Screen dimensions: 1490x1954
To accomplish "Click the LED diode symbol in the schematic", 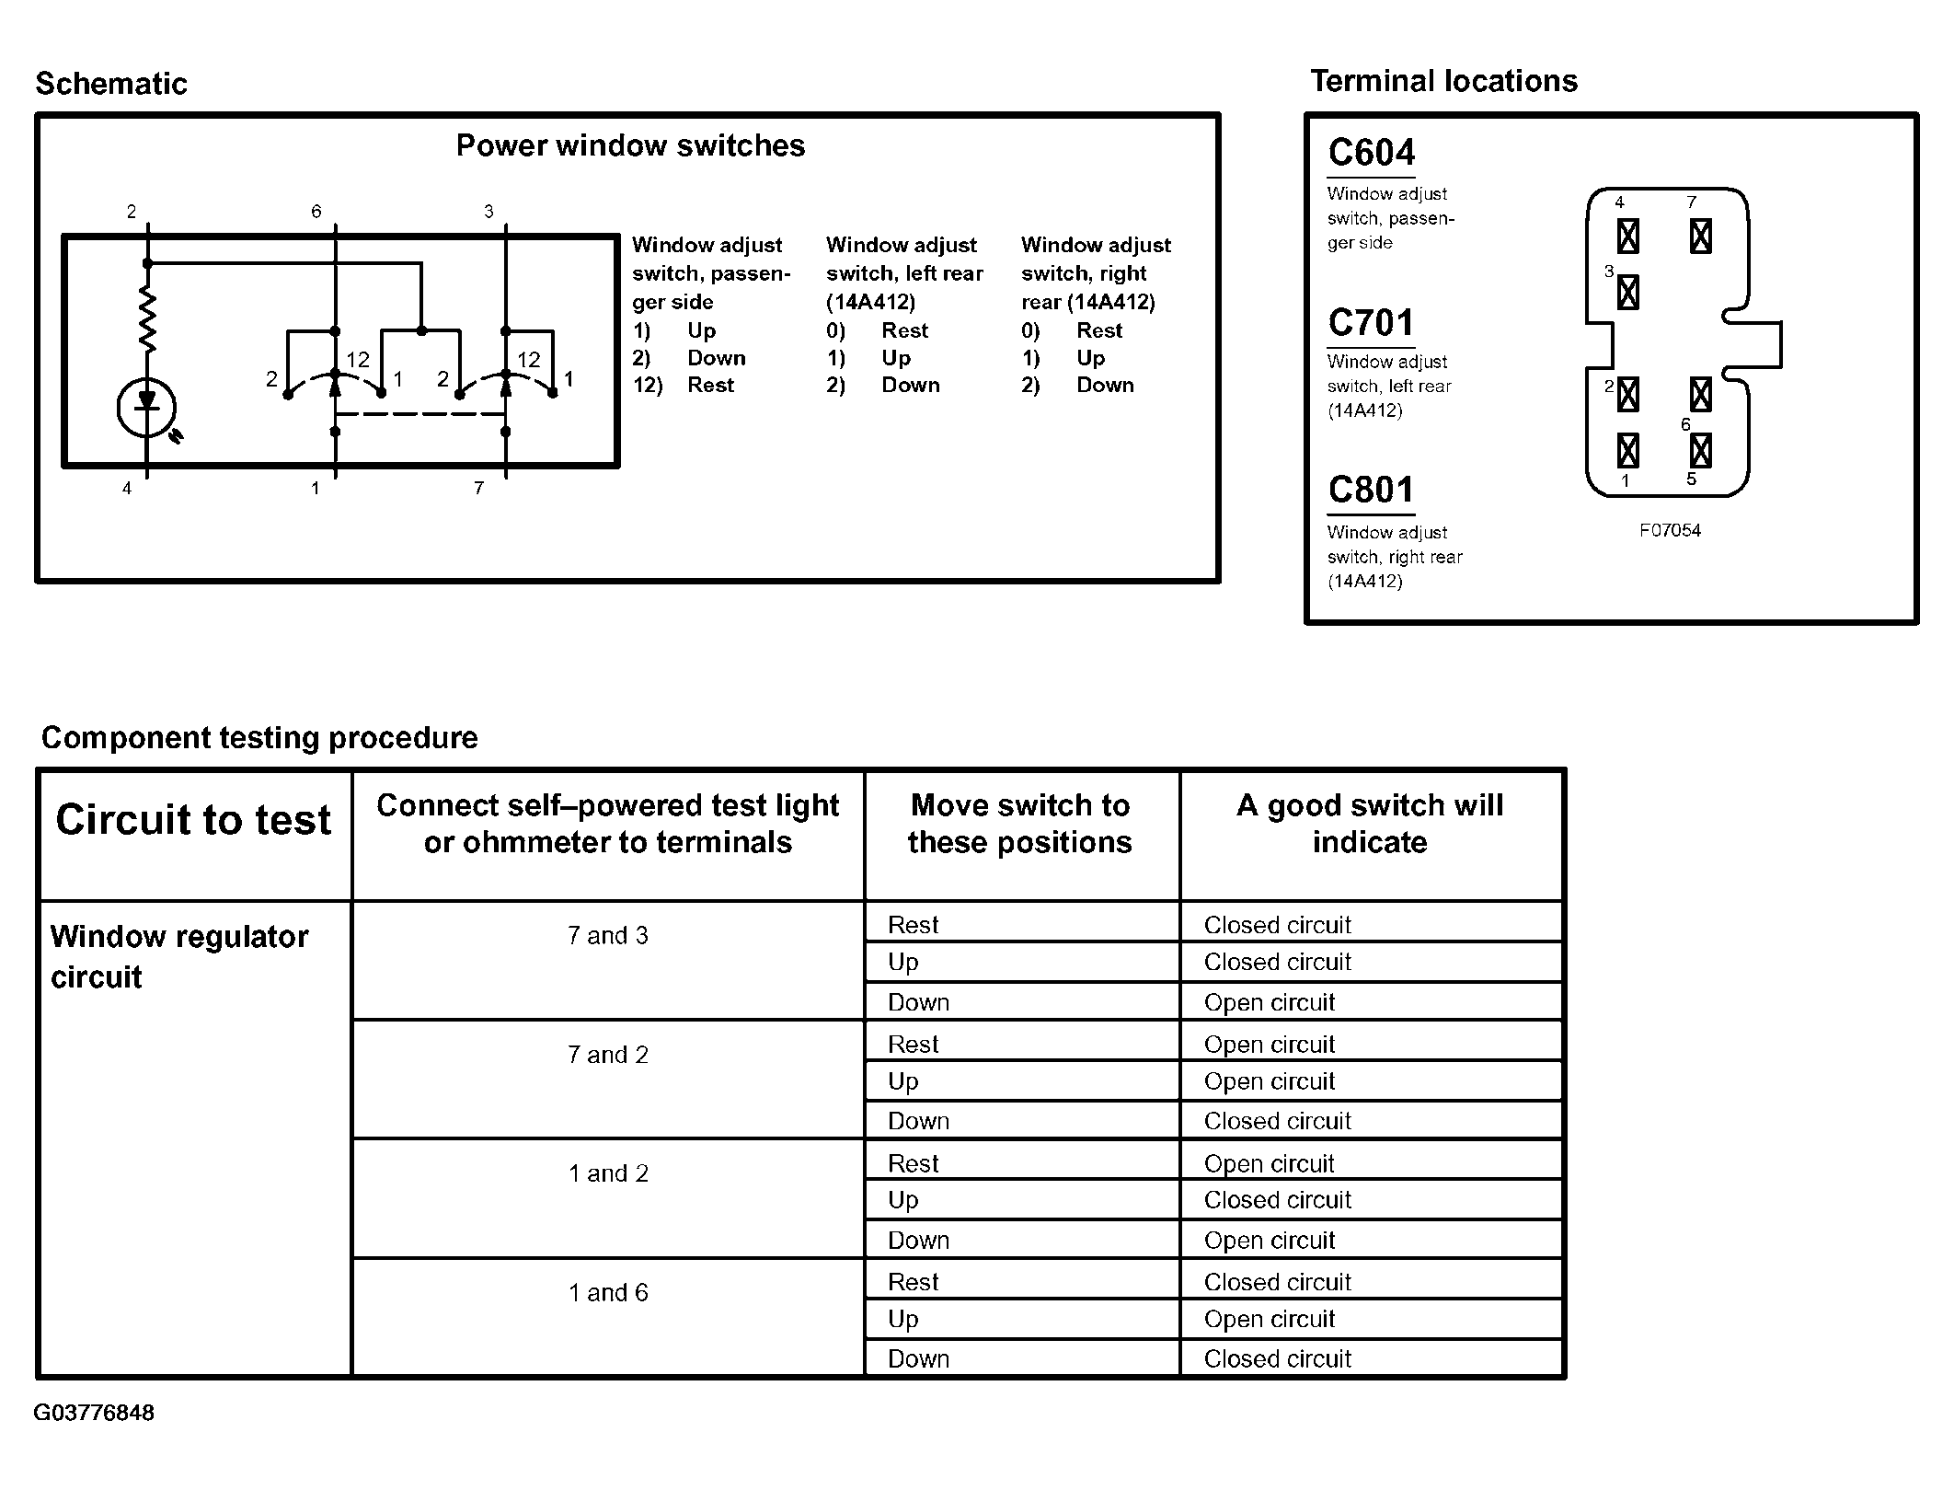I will (x=146, y=406).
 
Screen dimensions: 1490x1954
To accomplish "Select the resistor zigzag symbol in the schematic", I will (x=147, y=318).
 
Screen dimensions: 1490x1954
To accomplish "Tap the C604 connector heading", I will (x=1371, y=153).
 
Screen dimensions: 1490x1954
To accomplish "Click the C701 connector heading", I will (x=1371, y=323).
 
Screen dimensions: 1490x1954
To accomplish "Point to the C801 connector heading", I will (x=1371, y=491).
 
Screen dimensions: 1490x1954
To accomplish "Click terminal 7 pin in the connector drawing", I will (x=1700, y=237).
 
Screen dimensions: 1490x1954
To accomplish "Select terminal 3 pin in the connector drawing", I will (x=1627, y=293).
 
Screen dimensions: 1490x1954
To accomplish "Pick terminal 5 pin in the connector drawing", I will (x=1700, y=451).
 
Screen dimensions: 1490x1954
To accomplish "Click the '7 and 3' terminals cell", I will (x=607, y=936).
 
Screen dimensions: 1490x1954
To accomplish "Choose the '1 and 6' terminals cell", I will (x=607, y=1293).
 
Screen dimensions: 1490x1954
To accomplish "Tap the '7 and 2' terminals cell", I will (x=607, y=1055).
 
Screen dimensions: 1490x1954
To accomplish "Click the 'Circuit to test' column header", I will (x=193, y=820).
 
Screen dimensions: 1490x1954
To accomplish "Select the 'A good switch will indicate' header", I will (x=1370, y=824).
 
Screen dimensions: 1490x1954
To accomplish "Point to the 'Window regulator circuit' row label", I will (x=178, y=956).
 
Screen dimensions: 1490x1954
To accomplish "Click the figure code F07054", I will (x=1670, y=531).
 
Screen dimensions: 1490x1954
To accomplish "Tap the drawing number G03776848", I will (x=94, y=1413).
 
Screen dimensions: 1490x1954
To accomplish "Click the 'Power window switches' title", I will (x=630, y=145).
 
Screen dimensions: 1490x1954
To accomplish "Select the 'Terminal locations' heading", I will (x=1443, y=81).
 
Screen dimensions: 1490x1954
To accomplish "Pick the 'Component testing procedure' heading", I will (x=259, y=737).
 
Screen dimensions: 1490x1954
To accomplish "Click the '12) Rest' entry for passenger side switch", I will (x=683, y=385).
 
